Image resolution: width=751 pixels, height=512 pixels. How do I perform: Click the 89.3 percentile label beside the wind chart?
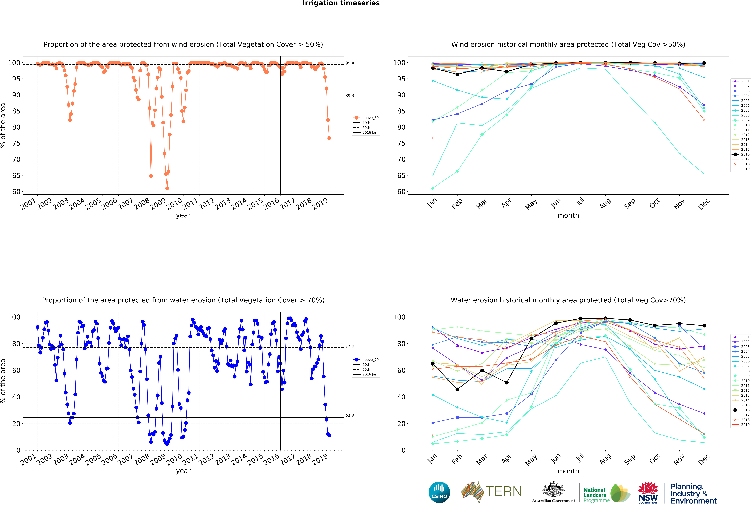point(350,96)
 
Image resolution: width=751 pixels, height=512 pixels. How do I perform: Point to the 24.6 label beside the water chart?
point(350,416)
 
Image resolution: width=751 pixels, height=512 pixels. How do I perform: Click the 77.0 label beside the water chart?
point(350,346)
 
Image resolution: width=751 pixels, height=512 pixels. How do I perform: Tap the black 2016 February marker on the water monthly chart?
point(457,390)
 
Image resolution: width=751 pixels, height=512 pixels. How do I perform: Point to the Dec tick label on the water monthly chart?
point(704,459)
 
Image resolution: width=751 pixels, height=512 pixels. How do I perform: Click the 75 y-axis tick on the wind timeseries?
point(16,143)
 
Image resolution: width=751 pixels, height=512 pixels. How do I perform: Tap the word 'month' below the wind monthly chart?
point(568,215)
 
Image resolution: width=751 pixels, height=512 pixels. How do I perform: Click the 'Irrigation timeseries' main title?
point(341,3)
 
